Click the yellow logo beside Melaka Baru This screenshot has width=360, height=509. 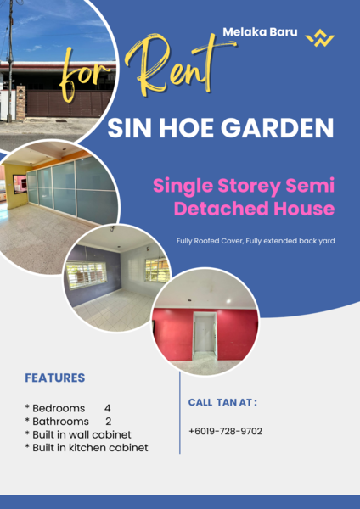tap(320, 38)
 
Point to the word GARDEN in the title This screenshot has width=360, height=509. tap(285, 129)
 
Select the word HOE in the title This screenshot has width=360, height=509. tap(197, 129)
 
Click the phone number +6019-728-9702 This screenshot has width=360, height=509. tap(225, 431)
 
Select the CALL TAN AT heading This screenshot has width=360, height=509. tap(222, 402)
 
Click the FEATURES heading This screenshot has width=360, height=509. tap(55, 378)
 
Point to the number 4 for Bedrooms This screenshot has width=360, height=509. tap(108, 408)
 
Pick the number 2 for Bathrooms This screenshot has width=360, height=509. tap(108, 421)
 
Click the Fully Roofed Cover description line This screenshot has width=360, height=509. tap(256, 241)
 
